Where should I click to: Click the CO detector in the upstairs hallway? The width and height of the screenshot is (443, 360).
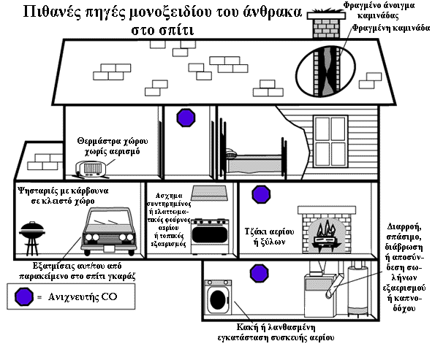[x=186, y=118]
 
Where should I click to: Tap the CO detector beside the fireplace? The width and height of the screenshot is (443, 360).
[x=260, y=195]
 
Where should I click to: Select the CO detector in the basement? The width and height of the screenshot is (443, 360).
[x=257, y=272]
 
